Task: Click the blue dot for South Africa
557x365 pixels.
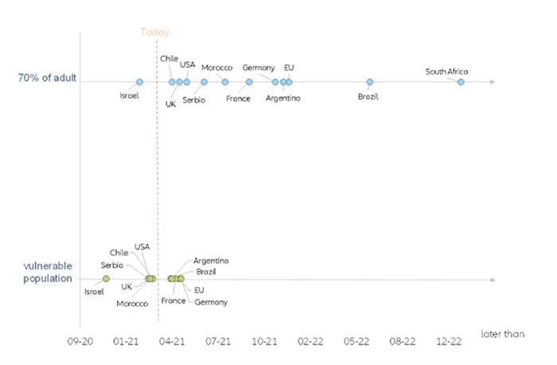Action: [x=461, y=82]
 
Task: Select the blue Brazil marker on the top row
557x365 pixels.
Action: [x=370, y=82]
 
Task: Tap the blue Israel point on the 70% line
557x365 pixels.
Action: [x=139, y=82]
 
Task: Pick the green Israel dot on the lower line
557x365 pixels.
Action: [x=106, y=278]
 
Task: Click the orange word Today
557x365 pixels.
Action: [x=155, y=32]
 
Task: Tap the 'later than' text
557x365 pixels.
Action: [x=502, y=334]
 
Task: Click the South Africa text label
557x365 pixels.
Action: [x=446, y=72]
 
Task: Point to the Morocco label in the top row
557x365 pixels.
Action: [x=216, y=68]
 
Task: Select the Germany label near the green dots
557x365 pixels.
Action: [x=211, y=302]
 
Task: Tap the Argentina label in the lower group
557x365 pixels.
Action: [x=211, y=261]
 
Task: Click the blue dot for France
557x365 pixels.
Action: [x=249, y=82]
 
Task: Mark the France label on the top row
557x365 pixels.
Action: [x=238, y=99]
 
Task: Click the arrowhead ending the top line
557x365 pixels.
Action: [x=493, y=82]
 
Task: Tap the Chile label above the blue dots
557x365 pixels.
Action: [x=169, y=58]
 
